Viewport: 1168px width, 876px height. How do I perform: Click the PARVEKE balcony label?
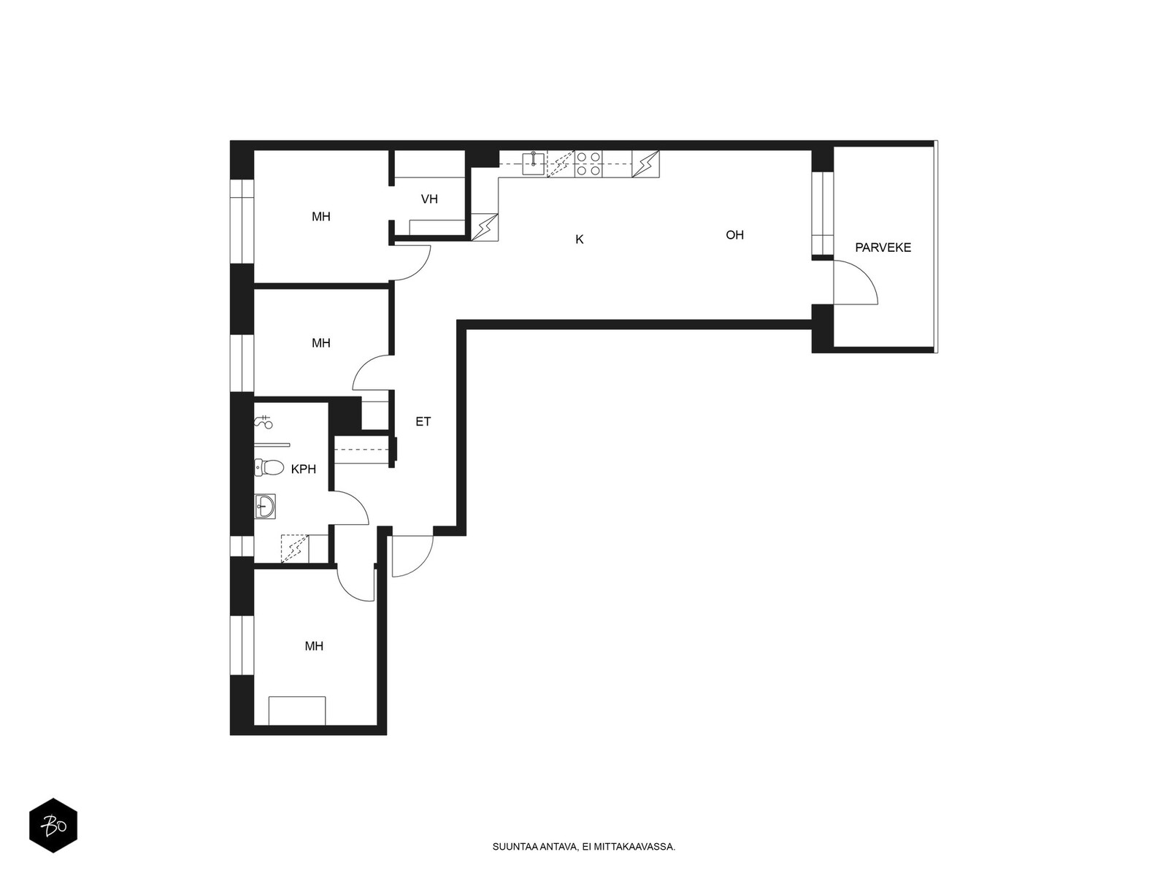click(x=883, y=247)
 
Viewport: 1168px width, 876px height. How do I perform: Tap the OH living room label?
click(x=734, y=234)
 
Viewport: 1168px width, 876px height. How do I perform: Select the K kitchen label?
click(x=580, y=239)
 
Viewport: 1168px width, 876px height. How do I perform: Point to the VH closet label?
click(x=429, y=199)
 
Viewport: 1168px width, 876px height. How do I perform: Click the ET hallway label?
click(x=423, y=422)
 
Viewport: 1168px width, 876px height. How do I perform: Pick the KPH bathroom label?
click(x=303, y=469)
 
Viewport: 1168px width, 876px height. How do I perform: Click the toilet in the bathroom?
click(x=269, y=467)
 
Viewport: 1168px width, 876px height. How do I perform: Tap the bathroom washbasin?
click(x=265, y=506)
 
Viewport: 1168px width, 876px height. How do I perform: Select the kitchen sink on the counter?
click(x=534, y=164)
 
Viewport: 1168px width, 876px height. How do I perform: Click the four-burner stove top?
click(x=588, y=164)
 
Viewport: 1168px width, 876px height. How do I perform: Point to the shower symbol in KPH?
click(x=264, y=423)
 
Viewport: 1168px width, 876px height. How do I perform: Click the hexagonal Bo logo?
click(x=53, y=826)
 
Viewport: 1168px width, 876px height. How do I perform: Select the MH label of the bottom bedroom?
click(x=314, y=646)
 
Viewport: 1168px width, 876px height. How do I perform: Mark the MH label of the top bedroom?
click(x=321, y=217)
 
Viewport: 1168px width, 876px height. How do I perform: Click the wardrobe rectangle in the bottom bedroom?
click(x=297, y=710)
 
